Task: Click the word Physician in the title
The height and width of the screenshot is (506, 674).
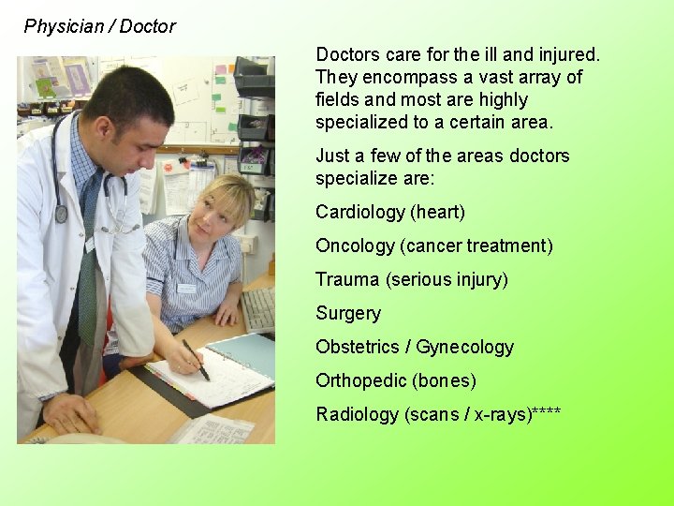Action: (64, 26)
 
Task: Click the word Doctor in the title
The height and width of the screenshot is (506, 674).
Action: (148, 26)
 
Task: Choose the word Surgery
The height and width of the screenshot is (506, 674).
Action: (348, 314)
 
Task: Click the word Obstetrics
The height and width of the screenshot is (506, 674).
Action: (356, 347)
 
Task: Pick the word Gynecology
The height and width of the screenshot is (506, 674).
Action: (465, 348)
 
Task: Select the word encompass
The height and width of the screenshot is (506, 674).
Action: (401, 77)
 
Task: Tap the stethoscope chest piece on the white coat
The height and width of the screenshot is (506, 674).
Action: (61, 215)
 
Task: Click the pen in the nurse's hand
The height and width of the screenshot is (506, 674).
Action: (196, 360)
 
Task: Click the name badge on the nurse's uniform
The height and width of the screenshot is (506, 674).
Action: (186, 289)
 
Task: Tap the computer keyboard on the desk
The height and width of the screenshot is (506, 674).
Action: (259, 309)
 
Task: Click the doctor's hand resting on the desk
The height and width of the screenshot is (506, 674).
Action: (70, 412)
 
